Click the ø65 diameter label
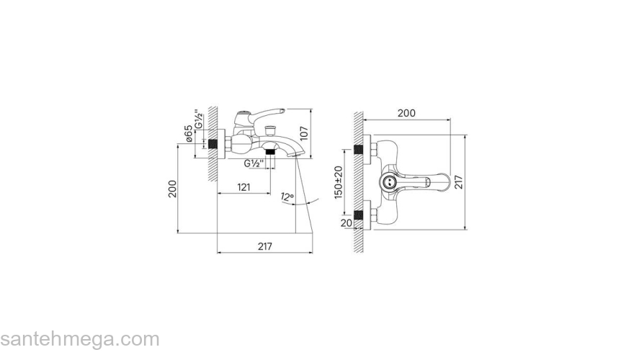point(188,133)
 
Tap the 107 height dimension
point(304,133)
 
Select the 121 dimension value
point(244,187)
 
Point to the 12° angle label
point(287,197)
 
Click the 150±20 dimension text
point(339,182)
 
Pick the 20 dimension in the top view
point(346,223)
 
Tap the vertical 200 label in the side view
point(173,189)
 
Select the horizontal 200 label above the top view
point(406,113)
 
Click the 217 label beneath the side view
point(265,246)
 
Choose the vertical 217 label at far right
point(458,182)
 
